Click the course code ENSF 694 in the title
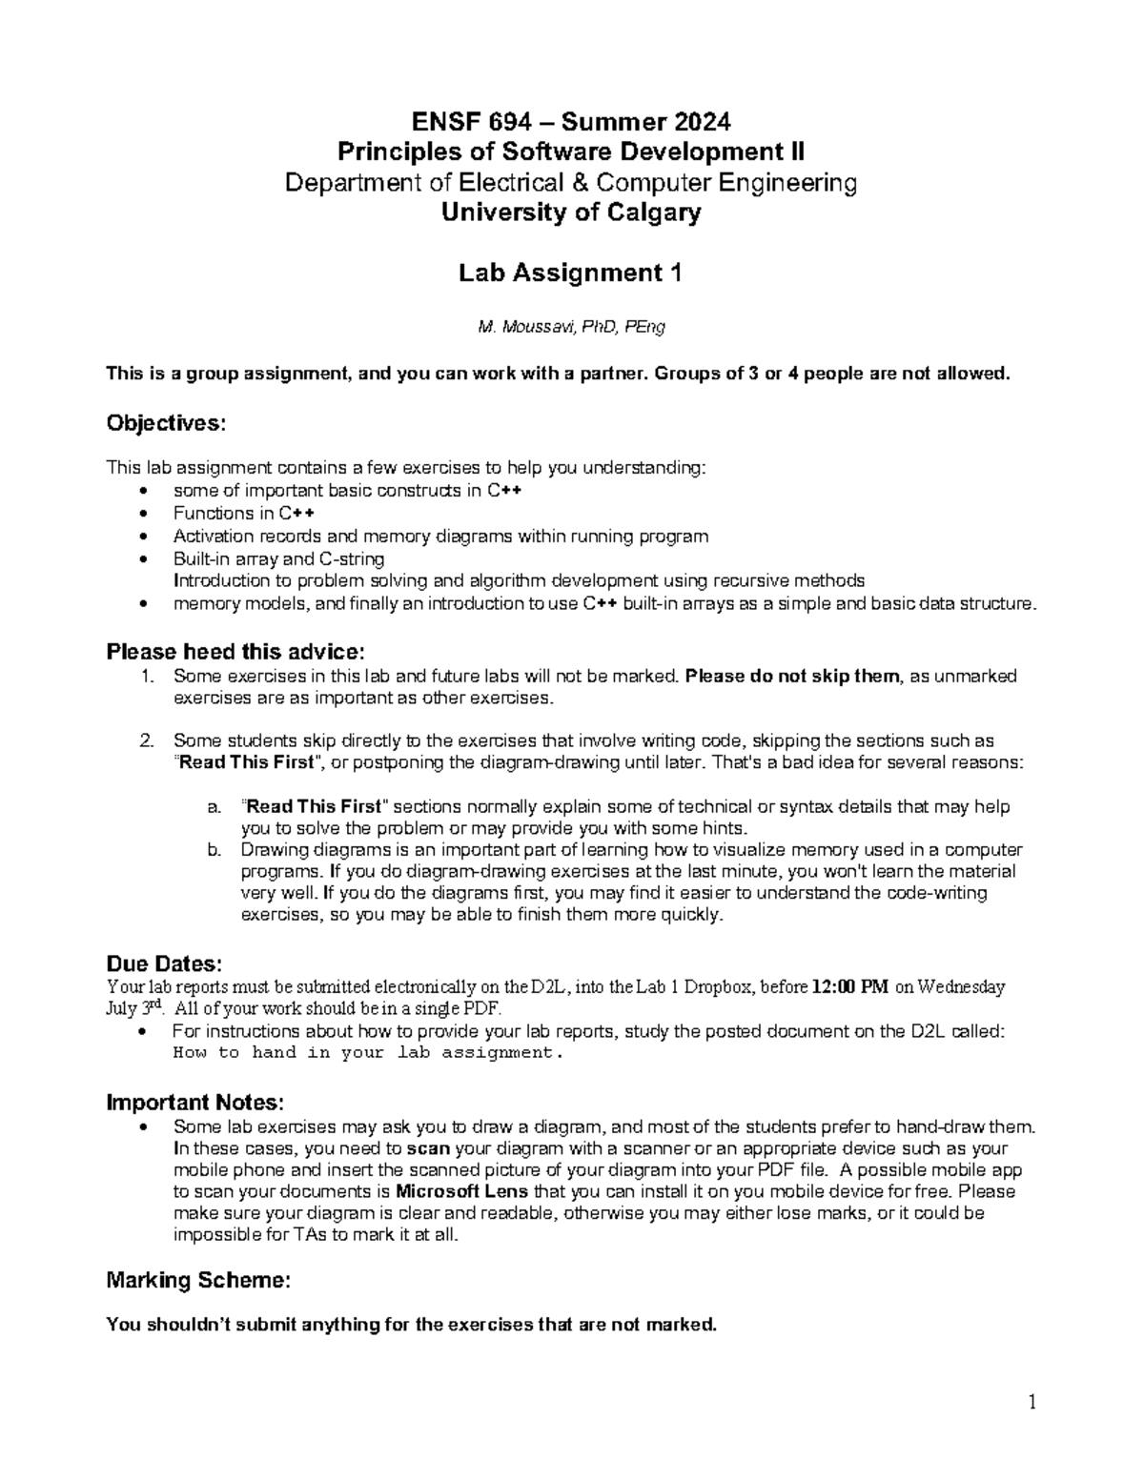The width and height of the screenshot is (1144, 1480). (464, 122)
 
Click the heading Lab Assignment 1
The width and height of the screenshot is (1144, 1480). (570, 274)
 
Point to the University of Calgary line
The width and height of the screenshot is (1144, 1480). (570, 213)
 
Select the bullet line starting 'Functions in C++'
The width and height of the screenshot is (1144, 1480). (244, 513)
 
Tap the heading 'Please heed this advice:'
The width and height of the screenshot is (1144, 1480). (235, 652)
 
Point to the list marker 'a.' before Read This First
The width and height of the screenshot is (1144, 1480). (214, 806)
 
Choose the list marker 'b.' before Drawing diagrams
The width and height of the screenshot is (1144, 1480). (214, 849)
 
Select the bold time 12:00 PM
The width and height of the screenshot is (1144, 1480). (849, 987)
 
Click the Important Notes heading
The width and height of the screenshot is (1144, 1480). (194, 1103)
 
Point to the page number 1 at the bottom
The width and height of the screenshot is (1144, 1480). (1032, 1402)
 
